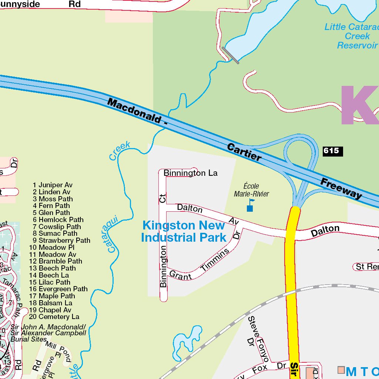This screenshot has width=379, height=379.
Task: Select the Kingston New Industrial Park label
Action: (184, 231)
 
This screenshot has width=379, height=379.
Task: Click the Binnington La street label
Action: (190, 173)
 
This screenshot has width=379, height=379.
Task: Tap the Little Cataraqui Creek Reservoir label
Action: (352, 36)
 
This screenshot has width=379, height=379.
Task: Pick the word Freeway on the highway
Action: (341, 188)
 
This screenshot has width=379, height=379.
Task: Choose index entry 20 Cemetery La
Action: (54, 316)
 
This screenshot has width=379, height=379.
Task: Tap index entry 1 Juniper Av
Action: (53, 185)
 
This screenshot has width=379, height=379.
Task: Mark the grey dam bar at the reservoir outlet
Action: (231, 55)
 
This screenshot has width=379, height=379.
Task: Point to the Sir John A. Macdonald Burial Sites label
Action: (48, 333)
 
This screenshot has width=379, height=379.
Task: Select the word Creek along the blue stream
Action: (120, 151)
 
